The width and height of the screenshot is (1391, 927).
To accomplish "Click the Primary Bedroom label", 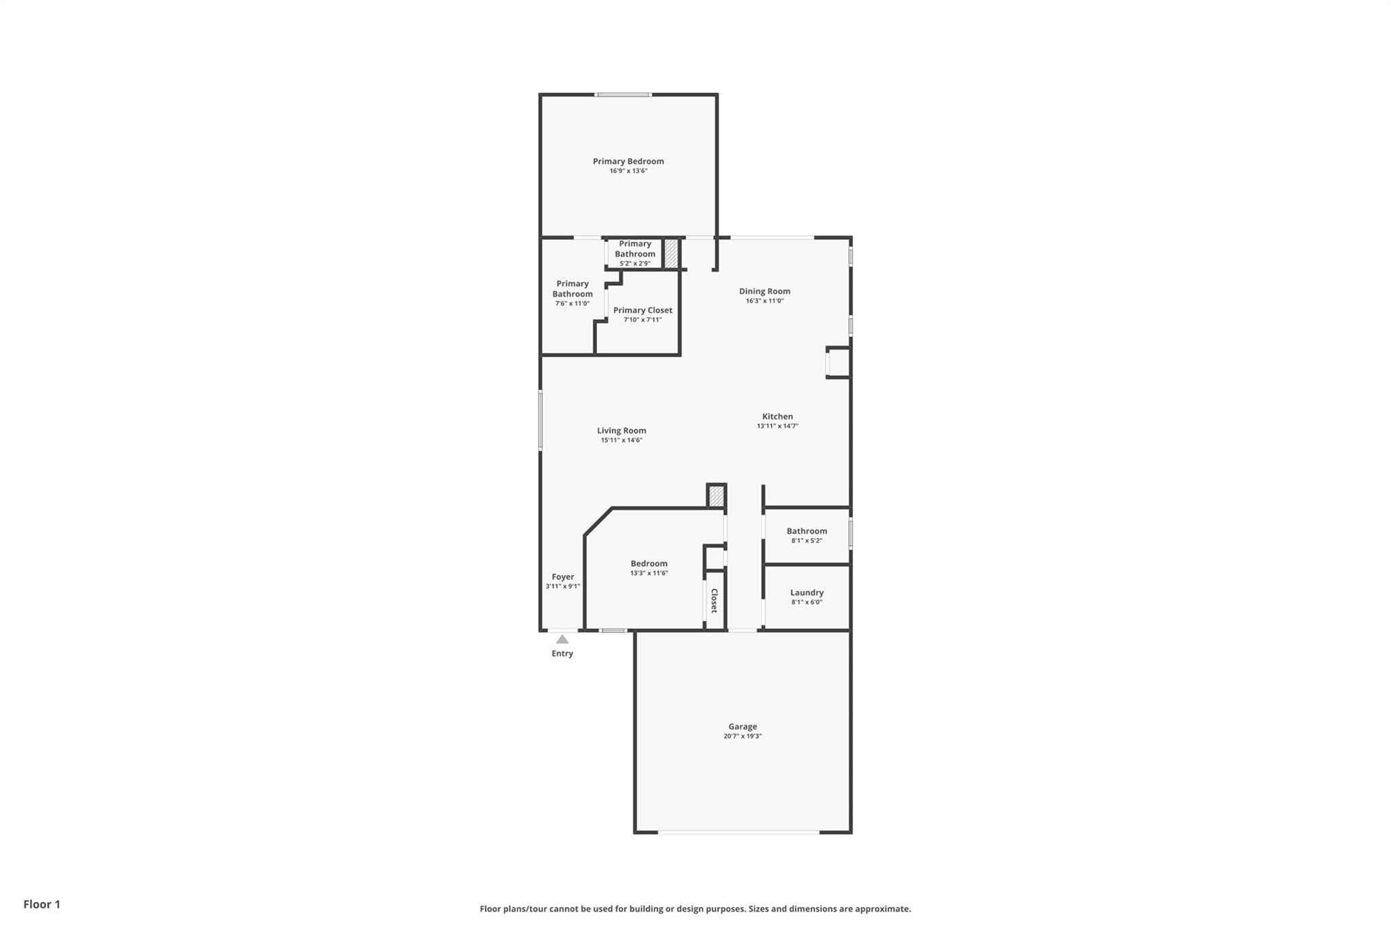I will pyautogui.click(x=628, y=162).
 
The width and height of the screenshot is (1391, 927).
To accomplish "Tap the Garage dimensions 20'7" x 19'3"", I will pyautogui.click(x=742, y=736).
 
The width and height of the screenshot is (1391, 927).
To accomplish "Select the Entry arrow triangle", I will pyautogui.click(x=562, y=639).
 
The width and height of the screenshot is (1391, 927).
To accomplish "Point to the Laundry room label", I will pyautogui.click(x=807, y=593).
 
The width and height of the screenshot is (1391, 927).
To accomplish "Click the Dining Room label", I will pyautogui.click(x=765, y=291).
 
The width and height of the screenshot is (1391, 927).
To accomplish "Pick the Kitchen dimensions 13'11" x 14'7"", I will pyautogui.click(x=778, y=426).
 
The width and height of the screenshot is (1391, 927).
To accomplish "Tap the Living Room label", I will pyautogui.click(x=621, y=431).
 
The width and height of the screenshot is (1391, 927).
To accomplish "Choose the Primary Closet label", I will pyautogui.click(x=643, y=310).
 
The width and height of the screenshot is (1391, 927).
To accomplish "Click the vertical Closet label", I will pyautogui.click(x=715, y=601).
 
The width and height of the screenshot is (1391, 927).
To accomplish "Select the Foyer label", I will pyautogui.click(x=563, y=577).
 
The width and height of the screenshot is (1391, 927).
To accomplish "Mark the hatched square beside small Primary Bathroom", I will pyautogui.click(x=671, y=253).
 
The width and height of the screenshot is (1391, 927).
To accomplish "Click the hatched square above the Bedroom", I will pyautogui.click(x=717, y=496).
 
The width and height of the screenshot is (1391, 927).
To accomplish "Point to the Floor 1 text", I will pyautogui.click(x=42, y=905).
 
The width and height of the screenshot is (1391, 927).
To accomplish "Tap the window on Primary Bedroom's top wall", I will pyautogui.click(x=624, y=95).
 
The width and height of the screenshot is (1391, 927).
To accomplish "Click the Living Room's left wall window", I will pyautogui.click(x=541, y=420).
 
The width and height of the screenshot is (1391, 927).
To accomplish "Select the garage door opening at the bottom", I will pyautogui.click(x=738, y=832).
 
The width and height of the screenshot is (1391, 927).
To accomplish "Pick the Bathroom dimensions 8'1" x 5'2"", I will pyautogui.click(x=807, y=541).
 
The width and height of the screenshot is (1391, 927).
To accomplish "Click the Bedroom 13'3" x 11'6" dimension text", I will pyautogui.click(x=649, y=573).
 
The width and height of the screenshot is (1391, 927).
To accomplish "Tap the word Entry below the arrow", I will pyautogui.click(x=562, y=654).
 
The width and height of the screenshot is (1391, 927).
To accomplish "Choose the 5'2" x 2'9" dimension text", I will pyautogui.click(x=635, y=263).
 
